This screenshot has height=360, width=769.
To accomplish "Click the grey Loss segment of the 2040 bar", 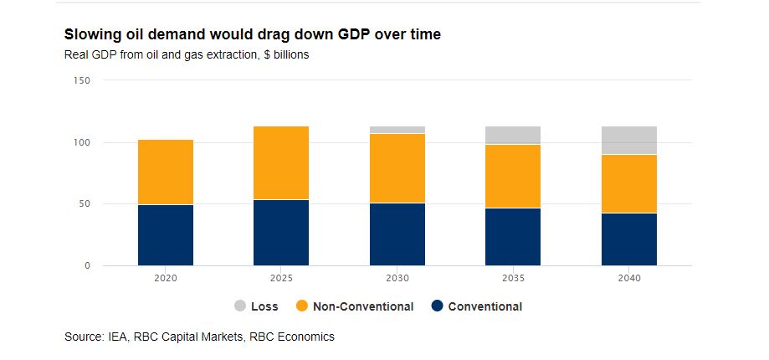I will [628, 140].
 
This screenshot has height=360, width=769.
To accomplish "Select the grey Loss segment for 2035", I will [514, 135].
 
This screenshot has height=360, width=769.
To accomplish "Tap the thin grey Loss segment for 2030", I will [397, 130].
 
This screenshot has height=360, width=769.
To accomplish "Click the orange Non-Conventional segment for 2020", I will [166, 172].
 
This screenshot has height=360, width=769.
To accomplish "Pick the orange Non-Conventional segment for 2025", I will [281, 162].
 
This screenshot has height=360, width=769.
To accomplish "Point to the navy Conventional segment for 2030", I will [397, 234].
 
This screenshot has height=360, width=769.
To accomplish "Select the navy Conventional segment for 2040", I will [628, 239].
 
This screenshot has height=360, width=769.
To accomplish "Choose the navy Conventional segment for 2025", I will [281, 233].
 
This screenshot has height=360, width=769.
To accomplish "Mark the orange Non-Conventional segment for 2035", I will [514, 176].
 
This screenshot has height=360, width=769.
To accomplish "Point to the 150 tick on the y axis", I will [82, 80].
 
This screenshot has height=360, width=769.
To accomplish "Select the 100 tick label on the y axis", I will [82, 142].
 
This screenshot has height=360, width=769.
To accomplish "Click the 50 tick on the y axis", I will [85, 204].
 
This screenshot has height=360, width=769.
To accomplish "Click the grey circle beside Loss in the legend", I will [241, 306].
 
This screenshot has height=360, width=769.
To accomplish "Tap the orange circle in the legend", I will [303, 306].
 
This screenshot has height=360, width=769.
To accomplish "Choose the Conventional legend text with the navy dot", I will [484, 306].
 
